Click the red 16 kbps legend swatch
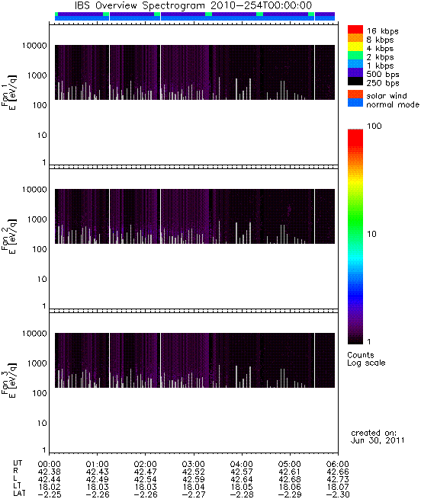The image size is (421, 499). tap(355, 29)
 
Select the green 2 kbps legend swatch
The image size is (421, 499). tap(355, 55)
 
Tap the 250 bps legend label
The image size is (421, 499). tap(382, 83)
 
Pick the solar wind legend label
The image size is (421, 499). tap(387, 96)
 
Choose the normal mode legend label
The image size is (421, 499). tap(393, 104)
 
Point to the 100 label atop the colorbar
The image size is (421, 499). tap(374, 126)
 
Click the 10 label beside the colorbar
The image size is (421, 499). tap(372, 234)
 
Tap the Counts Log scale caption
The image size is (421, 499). tap(366, 359)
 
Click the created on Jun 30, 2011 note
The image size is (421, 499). tap(378, 437)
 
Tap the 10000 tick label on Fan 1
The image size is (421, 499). tap(34, 46)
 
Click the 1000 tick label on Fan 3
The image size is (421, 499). tap(37, 363)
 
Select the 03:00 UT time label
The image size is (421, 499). tap(193, 464)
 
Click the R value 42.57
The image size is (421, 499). tap(241, 472)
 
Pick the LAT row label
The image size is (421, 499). tap(19, 494)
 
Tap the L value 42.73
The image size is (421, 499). tap(338, 480)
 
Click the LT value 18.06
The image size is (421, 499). tap(289, 488)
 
